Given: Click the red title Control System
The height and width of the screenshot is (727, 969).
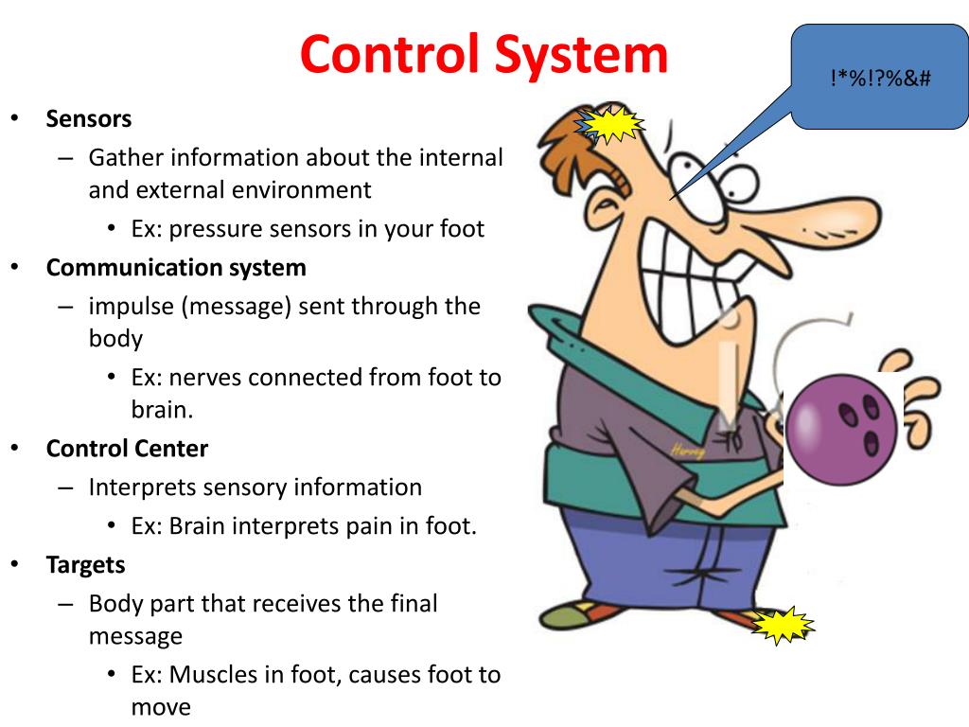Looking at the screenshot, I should pyautogui.click(x=484, y=55).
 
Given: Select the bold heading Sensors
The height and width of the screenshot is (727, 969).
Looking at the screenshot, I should pyautogui.click(x=89, y=119).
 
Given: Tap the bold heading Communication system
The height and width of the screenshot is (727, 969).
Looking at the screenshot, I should pyautogui.click(x=176, y=268).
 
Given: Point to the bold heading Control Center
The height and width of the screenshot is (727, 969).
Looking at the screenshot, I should pyautogui.click(x=127, y=449).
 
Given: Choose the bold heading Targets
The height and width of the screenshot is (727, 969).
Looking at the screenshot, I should pyautogui.click(x=85, y=565).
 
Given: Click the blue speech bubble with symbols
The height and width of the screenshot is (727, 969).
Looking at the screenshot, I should pyautogui.click(x=879, y=78).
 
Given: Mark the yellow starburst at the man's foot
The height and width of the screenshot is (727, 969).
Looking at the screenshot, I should pyautogui.click(x=783, y=626).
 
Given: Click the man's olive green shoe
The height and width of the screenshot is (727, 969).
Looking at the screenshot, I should pyautogui.click(x=578, y=616).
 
